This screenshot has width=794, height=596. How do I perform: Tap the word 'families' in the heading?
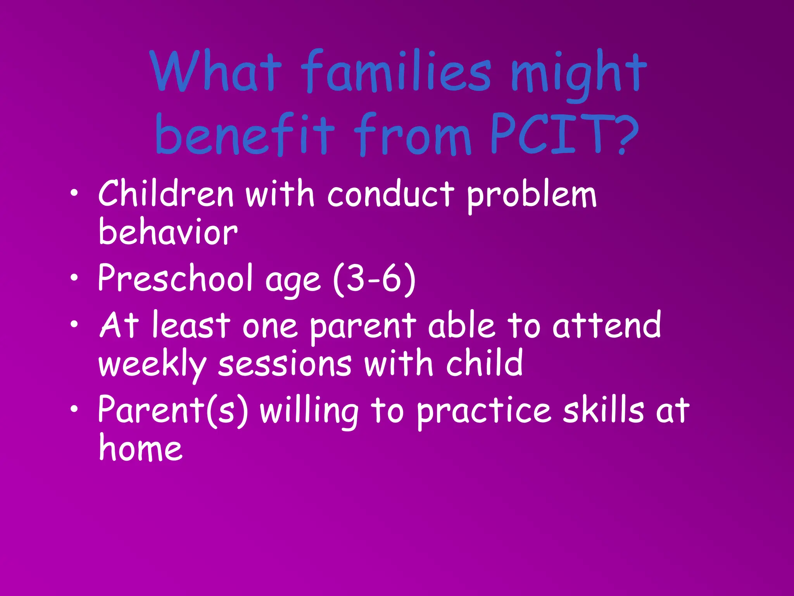[395, 72]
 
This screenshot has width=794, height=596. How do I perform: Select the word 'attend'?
[607, 325]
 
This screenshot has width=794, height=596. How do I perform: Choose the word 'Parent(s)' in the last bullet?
[173, 410]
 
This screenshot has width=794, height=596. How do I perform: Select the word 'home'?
[140, 448]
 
